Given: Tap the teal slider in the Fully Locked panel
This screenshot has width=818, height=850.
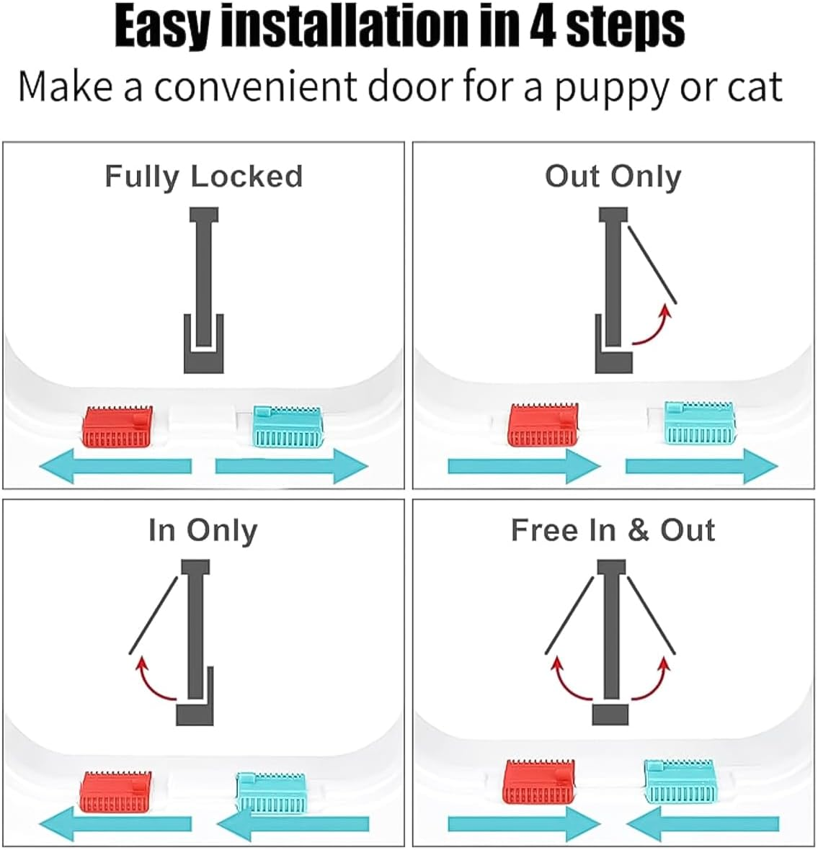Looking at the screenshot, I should (x=287, y=427).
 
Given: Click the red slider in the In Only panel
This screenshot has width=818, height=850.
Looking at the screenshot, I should (x=115, y=792).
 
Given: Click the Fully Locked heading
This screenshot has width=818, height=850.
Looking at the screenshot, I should (x=203, y=176).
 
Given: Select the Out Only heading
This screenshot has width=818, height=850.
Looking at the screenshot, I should (x=613, y=176).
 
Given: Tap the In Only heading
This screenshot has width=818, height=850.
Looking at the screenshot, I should (x=203, y=531).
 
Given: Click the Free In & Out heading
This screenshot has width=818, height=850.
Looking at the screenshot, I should (x=613, y=531).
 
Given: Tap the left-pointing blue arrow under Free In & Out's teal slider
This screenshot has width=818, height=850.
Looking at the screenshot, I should (x=703, y=823).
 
